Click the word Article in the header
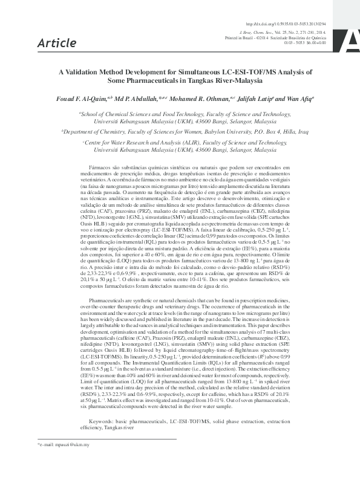56,42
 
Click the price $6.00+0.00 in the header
313,44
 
